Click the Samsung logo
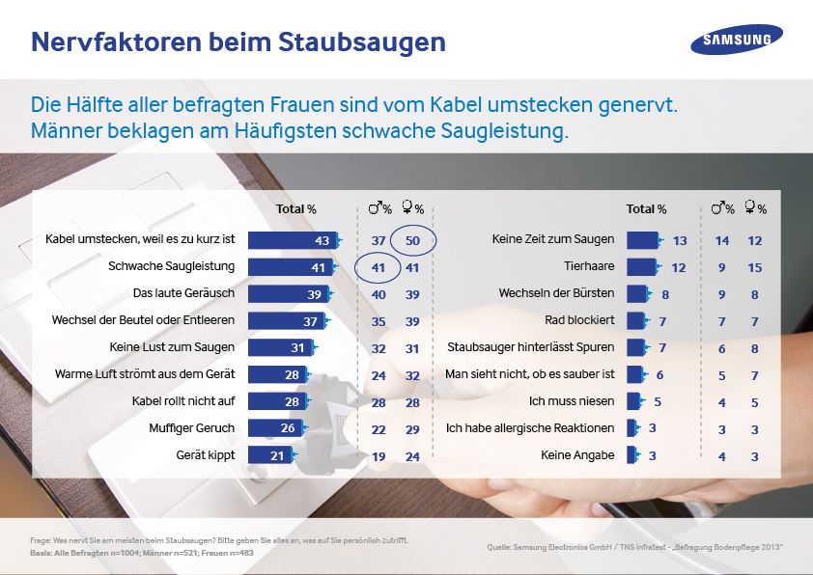click(736, 40)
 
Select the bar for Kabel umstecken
click(292, 240)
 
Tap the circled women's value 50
click(413, 240)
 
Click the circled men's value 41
click(378, 267)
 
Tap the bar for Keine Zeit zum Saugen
click(641, 240)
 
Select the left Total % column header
click(296, 208)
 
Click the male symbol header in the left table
click(378, 208)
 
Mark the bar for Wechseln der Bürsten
click(636, 293)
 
